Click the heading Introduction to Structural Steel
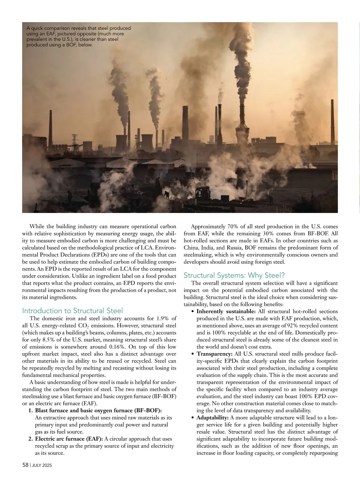click(x=72, y=311)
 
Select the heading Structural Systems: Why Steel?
click(x=234, y=275)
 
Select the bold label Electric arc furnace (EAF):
click(x=69, y=439)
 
